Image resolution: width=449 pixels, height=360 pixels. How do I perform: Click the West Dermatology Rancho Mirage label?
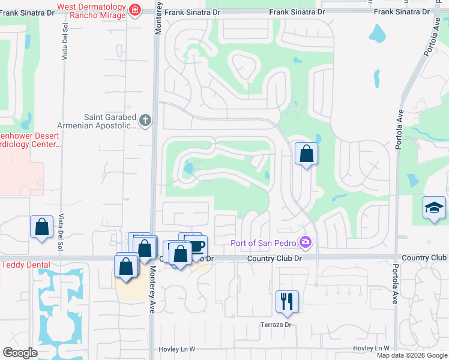coord(91,11)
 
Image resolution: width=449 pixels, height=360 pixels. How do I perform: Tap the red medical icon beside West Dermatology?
coord(134,10)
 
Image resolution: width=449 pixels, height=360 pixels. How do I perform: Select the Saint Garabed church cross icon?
coord(145,121)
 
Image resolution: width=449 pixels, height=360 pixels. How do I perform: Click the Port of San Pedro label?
coord(266,242)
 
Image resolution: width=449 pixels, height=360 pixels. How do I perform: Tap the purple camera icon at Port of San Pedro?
coord(307,242)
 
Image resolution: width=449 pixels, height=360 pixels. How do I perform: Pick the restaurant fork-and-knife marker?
coord(287,302)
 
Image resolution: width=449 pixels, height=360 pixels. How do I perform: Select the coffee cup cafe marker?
coord(196,245)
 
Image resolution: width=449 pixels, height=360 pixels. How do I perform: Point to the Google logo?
coord(20,353)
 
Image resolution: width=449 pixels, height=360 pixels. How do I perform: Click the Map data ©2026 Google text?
coord(412,355)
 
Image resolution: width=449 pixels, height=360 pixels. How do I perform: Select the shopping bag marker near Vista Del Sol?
coord(41,227)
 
